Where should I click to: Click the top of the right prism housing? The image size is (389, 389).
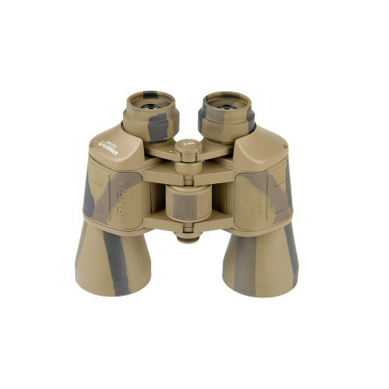(x=262, y=144)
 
